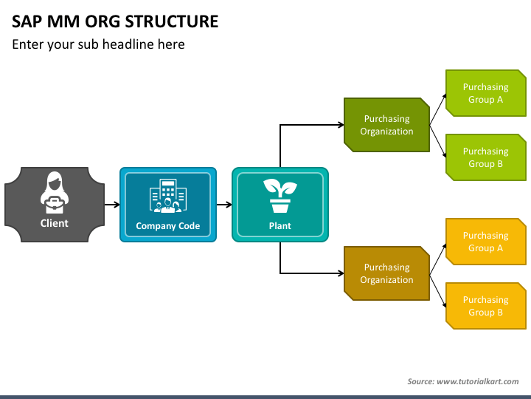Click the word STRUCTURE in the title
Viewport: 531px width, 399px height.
click(172, 21)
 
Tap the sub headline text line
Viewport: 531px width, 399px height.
click(98, 44)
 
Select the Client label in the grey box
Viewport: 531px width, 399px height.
click(54, 223)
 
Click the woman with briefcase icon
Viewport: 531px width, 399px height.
click(55, 192)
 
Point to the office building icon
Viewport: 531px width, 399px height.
click(168, 196)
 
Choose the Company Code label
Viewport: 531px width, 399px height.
click(168, 226)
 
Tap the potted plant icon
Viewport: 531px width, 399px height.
click(280, 196)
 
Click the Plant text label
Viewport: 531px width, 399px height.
click(280, 226)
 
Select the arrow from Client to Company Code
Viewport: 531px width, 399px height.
click(112, 205)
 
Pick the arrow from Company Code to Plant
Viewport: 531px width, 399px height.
click(224, 205)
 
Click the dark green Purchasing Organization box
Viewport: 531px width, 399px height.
click(386, 125)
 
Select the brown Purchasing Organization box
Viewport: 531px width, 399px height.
click(386, 273)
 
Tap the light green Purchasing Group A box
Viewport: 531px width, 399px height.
click(486, 93)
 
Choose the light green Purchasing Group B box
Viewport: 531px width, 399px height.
click(486, 157)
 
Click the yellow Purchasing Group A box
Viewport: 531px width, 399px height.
click(486, 242)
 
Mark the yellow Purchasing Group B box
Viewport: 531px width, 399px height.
click(486, 306)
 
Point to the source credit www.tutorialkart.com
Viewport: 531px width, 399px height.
click(477, 381)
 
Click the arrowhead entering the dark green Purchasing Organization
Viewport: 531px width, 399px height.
click(341, 125)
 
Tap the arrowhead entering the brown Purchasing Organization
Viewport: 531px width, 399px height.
click(341, 273)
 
